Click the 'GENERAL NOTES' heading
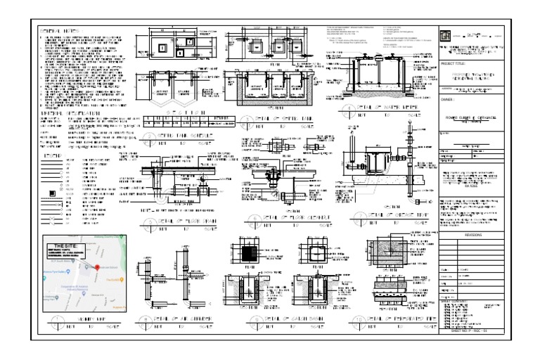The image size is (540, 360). (x=60, y=32)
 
